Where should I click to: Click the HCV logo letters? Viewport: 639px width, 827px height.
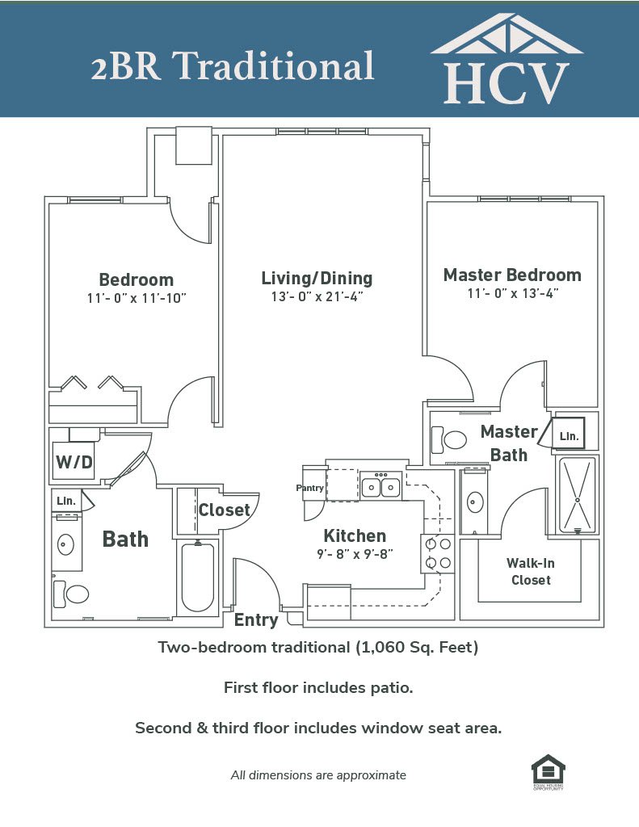tap(506, 82)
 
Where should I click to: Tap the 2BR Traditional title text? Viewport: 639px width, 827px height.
tap(232, 66)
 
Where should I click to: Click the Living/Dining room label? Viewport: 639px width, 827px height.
tap(317, 279)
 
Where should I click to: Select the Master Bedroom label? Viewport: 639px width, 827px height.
tap(512, 275)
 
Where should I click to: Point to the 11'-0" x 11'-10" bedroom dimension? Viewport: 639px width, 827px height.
tap(136, 298)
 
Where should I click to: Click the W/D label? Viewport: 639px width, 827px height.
tap(74, 464)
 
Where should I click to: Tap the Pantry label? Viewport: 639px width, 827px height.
tap(309, 488)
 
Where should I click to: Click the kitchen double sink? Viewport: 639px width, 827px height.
tap(381, 487)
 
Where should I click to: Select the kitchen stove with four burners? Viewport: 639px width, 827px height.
tap(438, 553)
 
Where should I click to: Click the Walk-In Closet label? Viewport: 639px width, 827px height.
tap(530, 571)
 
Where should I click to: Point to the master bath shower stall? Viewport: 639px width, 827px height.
tap(578, 494)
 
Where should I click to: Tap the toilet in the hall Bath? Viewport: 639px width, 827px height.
tap(73, 594)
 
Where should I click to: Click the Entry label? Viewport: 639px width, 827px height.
tap(256, 620)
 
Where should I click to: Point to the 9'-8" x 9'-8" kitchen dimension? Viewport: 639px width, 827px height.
tap(355, 554)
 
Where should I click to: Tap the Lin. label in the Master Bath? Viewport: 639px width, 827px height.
tap(570, 436)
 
